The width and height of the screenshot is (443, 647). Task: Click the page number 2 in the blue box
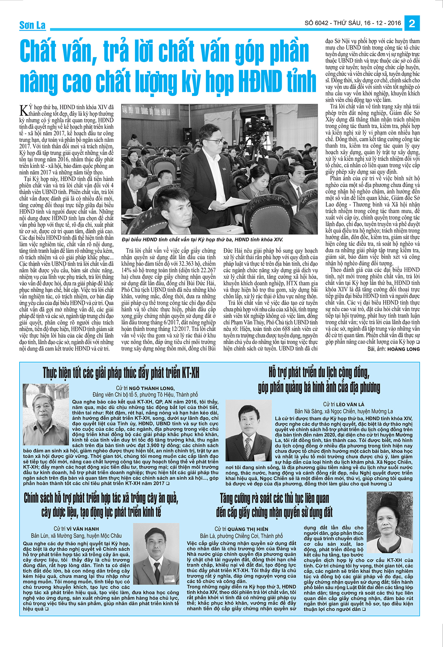point(412,24)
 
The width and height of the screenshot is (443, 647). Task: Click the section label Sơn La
point(32,25)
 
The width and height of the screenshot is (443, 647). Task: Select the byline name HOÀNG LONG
point(403,349)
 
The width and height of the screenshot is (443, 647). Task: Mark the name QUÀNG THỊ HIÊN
point(248,529)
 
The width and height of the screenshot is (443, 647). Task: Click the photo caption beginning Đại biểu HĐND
point(202,240)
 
